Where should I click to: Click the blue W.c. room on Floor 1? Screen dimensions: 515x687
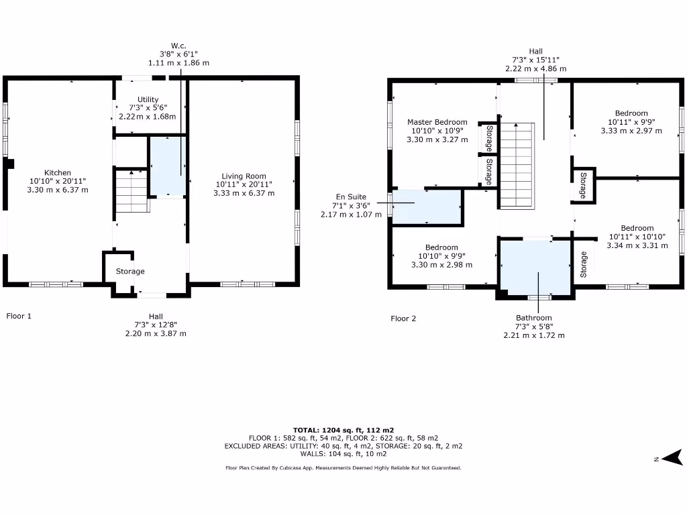pos(166,166)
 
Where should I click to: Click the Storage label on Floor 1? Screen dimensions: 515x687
pos(129,272)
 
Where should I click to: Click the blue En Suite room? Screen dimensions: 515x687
pos(427,207)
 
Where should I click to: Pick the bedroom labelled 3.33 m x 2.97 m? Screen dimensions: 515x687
pos(631,122)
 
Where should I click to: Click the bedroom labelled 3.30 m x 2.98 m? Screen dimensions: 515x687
pos(441,256)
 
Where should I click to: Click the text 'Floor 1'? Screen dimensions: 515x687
pos(19,316)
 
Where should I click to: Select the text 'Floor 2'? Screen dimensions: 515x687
pos(403,319)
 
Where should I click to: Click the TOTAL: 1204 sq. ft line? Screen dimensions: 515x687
pos(343,430)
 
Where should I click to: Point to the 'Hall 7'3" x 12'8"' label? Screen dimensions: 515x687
pos(156,325)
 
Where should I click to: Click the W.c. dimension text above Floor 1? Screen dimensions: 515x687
pos(178,54)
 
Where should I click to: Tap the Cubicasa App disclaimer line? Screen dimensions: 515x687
pos(343,468)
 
